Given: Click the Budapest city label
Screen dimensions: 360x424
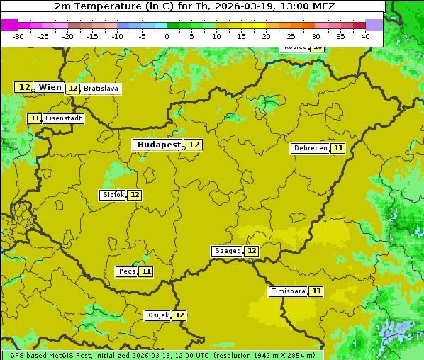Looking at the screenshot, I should (159, 145).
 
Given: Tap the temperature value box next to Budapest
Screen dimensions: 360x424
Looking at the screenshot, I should (194, 145).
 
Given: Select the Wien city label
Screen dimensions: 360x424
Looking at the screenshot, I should (50, 87).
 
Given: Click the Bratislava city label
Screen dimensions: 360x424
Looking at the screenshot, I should (100, 89).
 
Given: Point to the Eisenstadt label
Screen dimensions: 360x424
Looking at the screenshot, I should (63, 118).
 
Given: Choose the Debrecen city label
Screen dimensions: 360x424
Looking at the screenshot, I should (310, 148).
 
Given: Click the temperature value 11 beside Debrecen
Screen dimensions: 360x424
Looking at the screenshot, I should (338, 148).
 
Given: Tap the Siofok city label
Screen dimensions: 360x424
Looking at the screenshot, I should (113, 195).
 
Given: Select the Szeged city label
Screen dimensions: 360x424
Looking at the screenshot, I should (227, 251).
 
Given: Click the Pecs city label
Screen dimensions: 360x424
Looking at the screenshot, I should (127, 271).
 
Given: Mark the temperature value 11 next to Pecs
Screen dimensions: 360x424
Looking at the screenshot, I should (146, 271).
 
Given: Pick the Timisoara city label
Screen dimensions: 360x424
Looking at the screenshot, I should (288, 291).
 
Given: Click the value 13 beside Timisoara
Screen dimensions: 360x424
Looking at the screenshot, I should (316, 291).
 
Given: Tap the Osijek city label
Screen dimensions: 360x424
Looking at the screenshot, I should (157, 315).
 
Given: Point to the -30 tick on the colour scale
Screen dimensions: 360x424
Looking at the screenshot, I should (18, 36).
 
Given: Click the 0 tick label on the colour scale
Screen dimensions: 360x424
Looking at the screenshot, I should (167, 36).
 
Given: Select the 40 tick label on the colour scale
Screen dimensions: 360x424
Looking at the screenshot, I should (365, 36).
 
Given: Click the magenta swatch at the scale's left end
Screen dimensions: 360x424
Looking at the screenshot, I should (9, 25).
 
